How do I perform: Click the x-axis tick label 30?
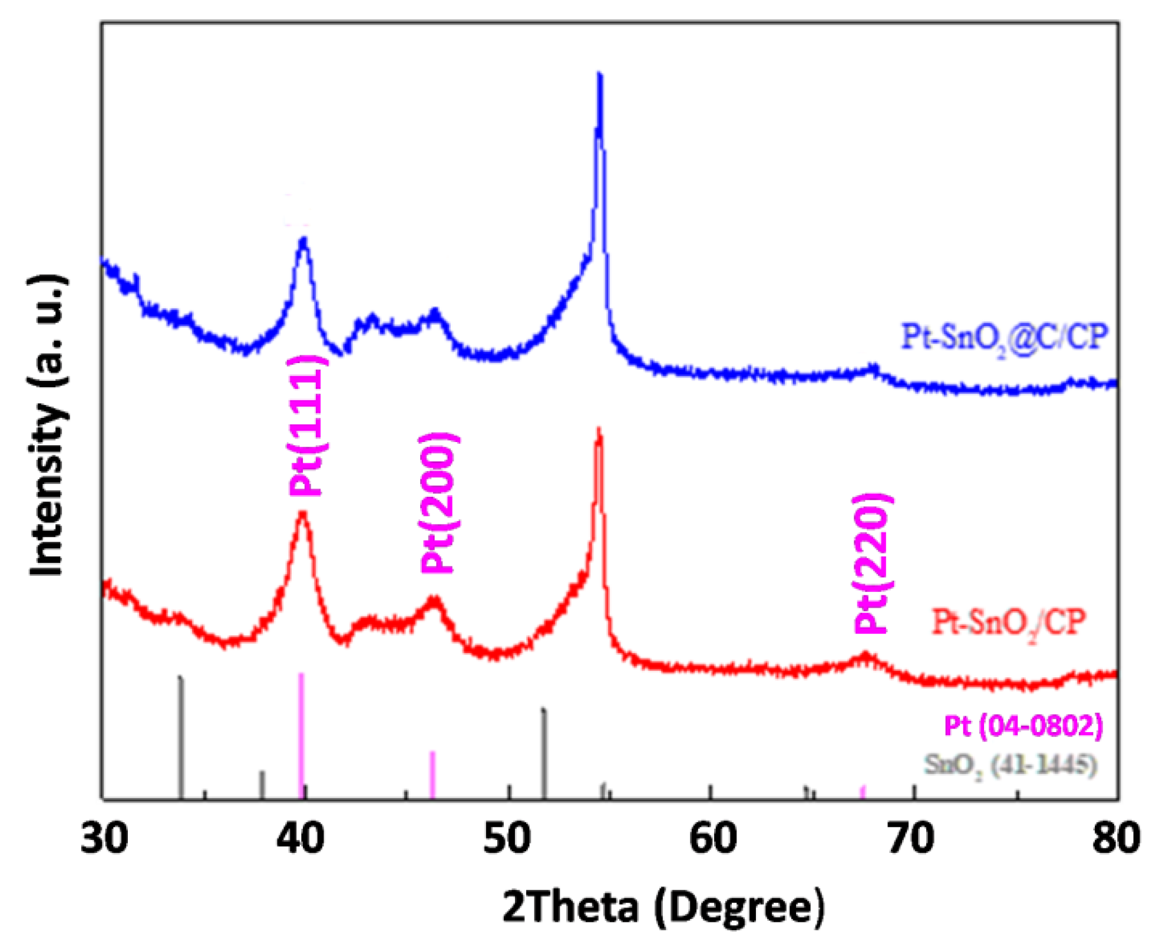(x=104, y=838)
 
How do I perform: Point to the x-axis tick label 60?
(x=712, y=838)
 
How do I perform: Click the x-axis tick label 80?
(x=1115, y=838)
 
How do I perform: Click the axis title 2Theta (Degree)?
(x=663, y=907)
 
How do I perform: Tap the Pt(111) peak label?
(x=306, y=426)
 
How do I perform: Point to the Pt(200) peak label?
(x=437, y=502)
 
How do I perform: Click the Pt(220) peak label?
(x=871, y=563)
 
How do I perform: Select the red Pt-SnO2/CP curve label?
(x=1008, y=623)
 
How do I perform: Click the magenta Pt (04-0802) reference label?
(x=1023, y=725)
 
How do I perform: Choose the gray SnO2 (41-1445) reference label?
(x=1010, y=765)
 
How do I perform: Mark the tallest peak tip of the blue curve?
(x=600, y=75)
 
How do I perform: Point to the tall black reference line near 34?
(x=181, y=737)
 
